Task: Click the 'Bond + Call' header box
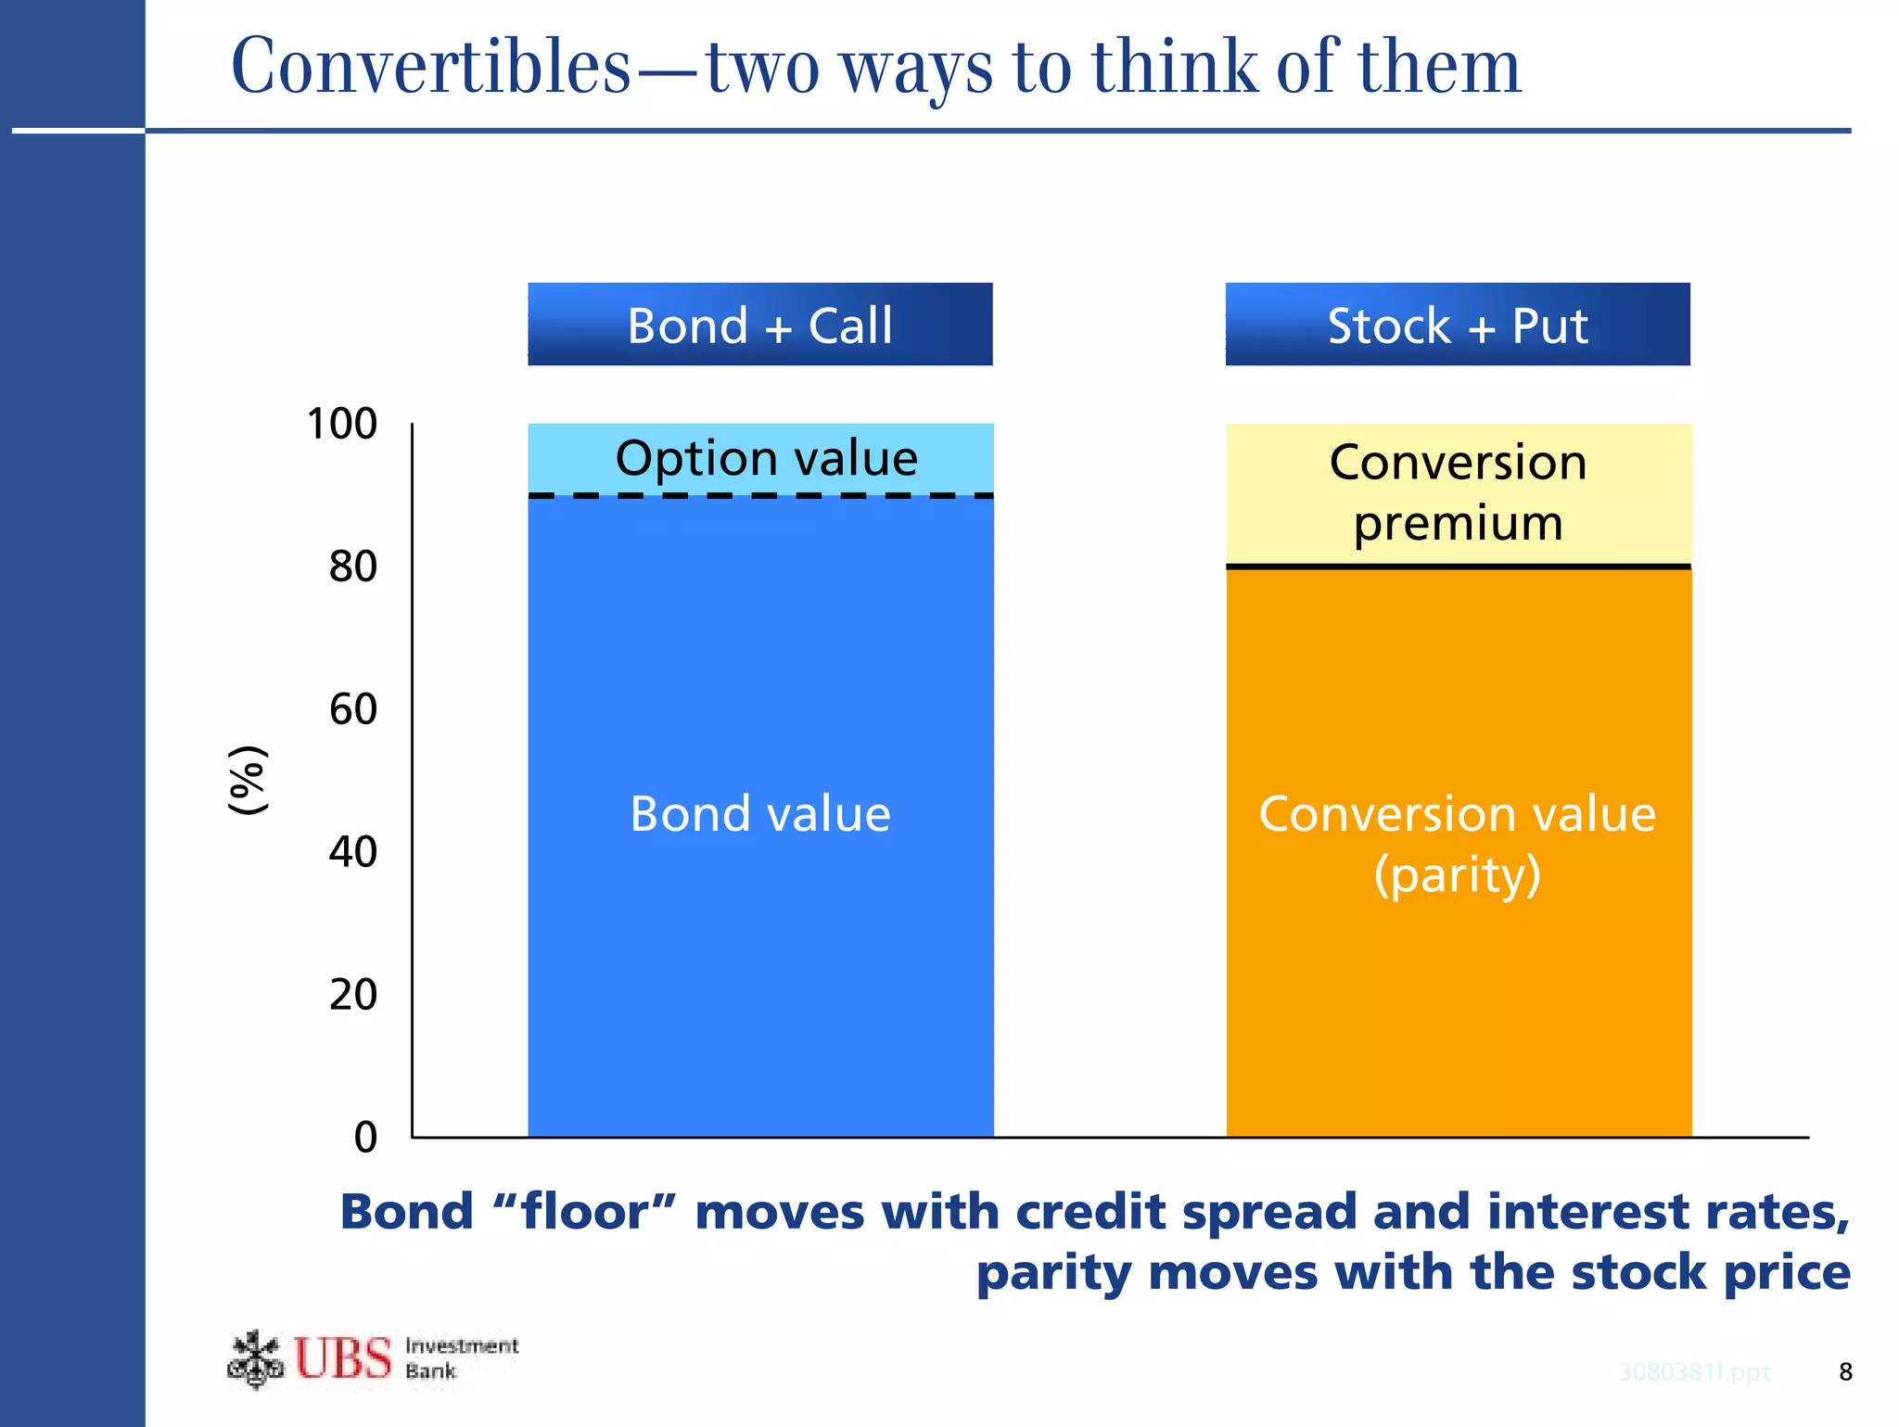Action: click(x=759, y=325)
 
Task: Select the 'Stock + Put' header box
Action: click(x=1457, y=325)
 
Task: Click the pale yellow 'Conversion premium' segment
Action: click(x=1458, y=492)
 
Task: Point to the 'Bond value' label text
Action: click(x=759, y=814)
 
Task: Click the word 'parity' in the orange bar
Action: click(x=1457, y=874)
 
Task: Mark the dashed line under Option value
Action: click(x=760, y=496)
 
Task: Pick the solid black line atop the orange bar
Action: click(x=1458, y=566)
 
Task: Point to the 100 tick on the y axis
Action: click(x=342, y=424)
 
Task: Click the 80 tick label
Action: click(x=353, y=567)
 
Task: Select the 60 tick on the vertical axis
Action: click(x=353, y=709)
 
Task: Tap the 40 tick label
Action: click(x=353, y=852)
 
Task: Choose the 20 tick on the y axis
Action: click(x=353, y=995)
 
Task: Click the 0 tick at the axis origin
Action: click(x=366, y=1137)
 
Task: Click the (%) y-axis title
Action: click(x=249, y=780)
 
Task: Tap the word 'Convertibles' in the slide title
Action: click(x=430, y=67)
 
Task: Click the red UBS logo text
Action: click(x=343, y=1358)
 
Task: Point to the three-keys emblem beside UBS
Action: click(x=255, y=1359)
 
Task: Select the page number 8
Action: click(x=1845, y=1372)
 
